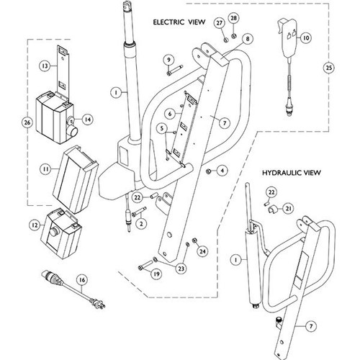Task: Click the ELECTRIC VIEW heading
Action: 179,23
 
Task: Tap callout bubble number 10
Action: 306,37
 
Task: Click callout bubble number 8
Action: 247,37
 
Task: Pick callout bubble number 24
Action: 202,251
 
